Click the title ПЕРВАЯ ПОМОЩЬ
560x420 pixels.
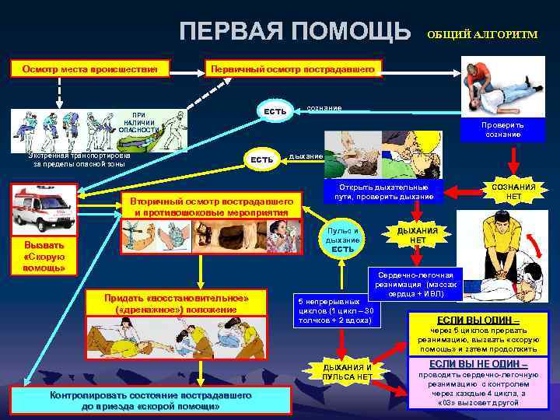pos(295,31)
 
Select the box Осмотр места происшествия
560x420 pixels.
pos(89,69)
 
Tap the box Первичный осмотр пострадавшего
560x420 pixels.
pos(294,69)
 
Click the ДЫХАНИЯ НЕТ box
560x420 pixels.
pos(418,236)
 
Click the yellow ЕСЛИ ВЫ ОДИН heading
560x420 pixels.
pos(479,320)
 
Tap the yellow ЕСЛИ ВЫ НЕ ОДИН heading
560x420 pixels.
pos(478,364)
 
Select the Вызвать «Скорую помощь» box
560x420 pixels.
pos(44,256)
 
